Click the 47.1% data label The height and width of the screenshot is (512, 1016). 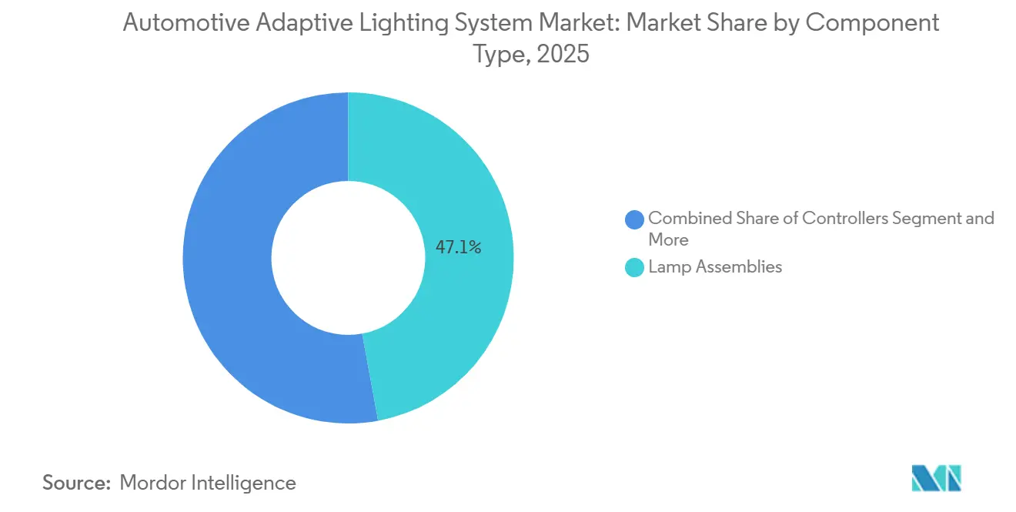point(459,247)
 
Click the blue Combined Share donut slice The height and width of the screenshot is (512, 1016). point(231,262)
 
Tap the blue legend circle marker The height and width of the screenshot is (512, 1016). point(635,219)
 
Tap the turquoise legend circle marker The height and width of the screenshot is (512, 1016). point(635,268)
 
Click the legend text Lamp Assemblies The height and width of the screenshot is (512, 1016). point(715,267)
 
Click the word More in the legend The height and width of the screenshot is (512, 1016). point(668,239)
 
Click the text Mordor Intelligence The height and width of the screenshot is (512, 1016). point(208,483)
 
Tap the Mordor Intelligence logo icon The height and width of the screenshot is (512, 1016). point(936,478)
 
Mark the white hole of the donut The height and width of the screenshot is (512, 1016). point(348,258)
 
